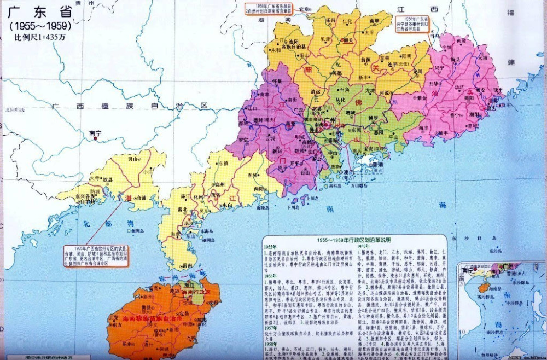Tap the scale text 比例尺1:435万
(x=39, y=37)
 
